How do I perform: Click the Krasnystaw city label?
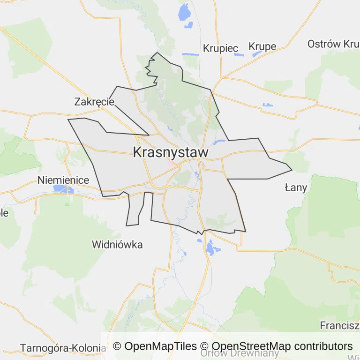coord(171,152)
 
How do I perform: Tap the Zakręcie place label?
coord(94,101)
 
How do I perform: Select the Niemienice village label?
coord(63,180)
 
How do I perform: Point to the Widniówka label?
coord(117,244)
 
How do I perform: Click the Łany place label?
coord(296,188)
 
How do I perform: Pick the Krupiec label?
coord(221,48)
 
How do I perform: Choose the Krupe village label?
coord(262,46)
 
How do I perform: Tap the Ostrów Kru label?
coord(333,44)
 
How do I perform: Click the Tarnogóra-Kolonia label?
coord(63,348)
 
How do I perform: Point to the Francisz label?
coord(339,325)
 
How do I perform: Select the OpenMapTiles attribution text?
coord(155,346)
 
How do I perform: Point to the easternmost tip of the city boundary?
coord(292,170)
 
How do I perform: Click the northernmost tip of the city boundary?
coord(157,52)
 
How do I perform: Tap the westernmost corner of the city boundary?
coord(68,120)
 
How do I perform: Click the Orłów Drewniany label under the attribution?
coord(239,353)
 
